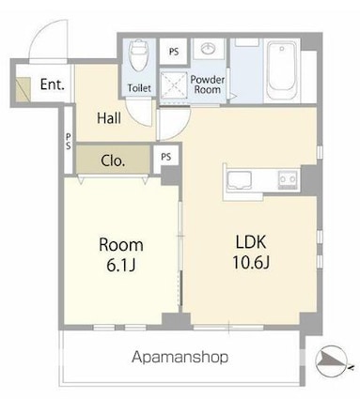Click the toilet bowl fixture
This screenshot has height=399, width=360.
pos(139,55)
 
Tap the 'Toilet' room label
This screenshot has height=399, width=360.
pos(139,88)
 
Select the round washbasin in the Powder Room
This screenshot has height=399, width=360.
pos(208,49)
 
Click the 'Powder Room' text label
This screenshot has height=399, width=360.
pos(207,84)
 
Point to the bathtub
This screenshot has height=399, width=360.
pos(281,70)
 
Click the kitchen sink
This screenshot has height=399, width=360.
pos(240,180)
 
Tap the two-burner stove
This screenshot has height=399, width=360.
pos(289,179)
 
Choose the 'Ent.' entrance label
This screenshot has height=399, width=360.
pos(53,84)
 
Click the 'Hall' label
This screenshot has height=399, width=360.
pos(109,118)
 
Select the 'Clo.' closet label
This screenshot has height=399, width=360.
pos(113,161)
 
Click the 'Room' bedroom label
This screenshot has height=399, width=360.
pos(121,244)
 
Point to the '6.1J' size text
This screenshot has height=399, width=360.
pos(121,266)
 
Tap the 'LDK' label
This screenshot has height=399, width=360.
pos(251,242)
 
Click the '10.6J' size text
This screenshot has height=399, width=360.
pos(251,262)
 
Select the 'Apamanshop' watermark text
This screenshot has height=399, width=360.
pos(180,358)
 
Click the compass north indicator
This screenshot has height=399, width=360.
pos(332,361)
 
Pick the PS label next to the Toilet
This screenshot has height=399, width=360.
pos(174,52)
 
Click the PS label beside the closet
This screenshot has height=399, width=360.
pos(166,157)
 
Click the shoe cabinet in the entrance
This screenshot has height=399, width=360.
pos(23,89)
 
